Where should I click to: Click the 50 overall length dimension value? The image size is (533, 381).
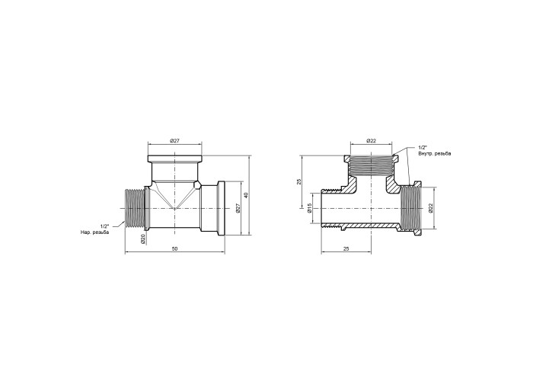[x=174, y=248]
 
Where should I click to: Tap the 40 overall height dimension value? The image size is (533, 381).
[x=247, y=195]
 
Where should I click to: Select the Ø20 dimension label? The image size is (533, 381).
[x=143, y=239]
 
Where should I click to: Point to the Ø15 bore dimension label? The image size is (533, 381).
[x=309, y=208]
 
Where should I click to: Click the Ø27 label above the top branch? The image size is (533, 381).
[x=174, y=141]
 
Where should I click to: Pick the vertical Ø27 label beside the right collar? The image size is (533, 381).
[x=238, y=208]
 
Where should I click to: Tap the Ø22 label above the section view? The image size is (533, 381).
[x=372, y=141]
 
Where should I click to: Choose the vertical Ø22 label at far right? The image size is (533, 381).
[x=430, y=208]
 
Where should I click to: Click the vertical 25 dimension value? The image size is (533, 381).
[x=299, y=181]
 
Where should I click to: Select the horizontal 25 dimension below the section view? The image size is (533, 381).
[x=346, y=248]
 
